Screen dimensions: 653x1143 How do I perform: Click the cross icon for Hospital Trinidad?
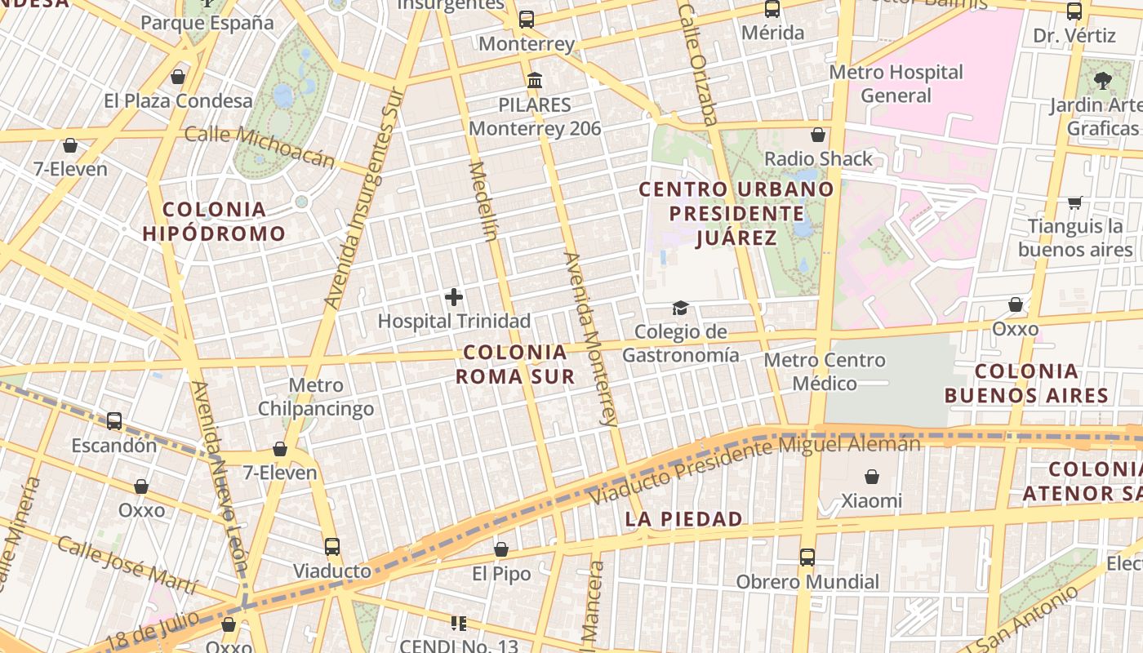click(x=454, y=297)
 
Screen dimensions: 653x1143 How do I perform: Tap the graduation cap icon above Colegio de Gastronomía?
click(x=680, y=308)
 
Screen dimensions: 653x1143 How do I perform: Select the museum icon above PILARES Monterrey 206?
click(x=535, y=81)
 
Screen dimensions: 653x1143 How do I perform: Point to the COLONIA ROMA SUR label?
click(x=514, y=364)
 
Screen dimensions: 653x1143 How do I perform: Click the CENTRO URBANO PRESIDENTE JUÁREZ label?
click(x=736, y=213)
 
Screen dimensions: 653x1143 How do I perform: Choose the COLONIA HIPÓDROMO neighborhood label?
click(x=214, y=221)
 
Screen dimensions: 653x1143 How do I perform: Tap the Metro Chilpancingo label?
click(x=316, y=397)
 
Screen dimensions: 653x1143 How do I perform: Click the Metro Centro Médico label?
click(x=825, y=371)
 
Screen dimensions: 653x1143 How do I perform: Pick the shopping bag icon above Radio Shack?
click(x=817, y=135)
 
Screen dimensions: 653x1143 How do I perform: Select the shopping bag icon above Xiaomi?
click(x=872, y=477)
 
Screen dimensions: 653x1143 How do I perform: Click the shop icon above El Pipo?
click(x=501, y=550)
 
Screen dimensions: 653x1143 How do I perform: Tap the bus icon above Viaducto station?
click(x=331, y=547)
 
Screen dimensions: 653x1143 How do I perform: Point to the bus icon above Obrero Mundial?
click(x=807, y=557)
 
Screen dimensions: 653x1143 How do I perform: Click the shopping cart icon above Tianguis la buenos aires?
click(x=1074, y=202)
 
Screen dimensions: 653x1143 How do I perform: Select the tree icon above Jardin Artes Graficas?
click(x=1102, y=80)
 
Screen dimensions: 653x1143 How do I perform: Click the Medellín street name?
click(x=483, y=202)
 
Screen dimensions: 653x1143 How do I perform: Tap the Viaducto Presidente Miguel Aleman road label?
click(x=755, y=469)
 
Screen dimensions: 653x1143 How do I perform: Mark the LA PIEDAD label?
click(x=684, y=519)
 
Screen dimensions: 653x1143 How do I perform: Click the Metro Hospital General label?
click(x=896, y=83)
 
